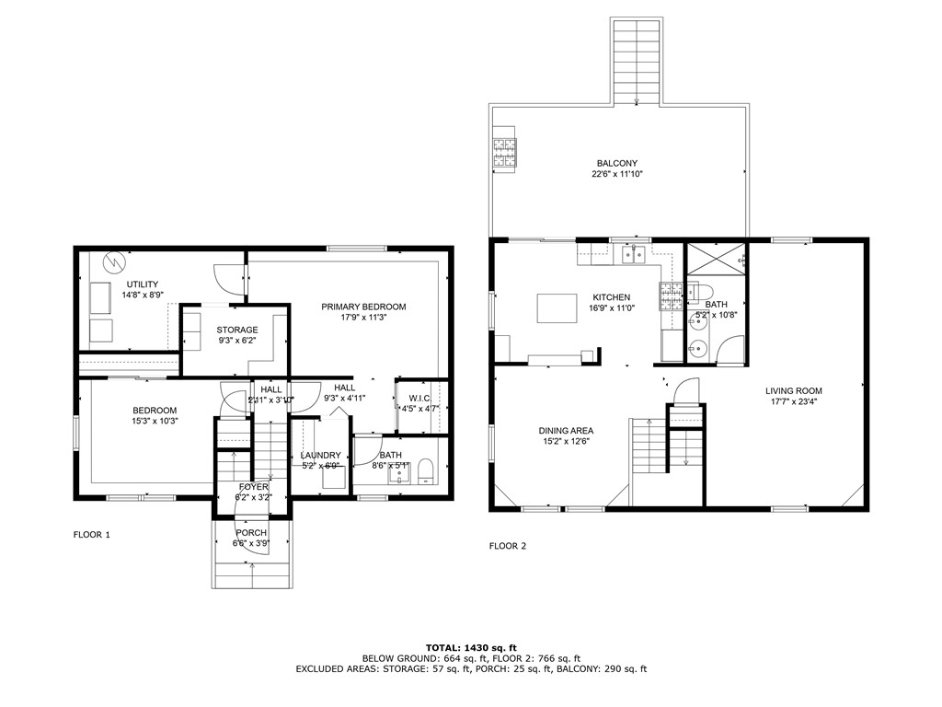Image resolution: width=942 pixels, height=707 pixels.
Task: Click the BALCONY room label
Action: click(616, 163)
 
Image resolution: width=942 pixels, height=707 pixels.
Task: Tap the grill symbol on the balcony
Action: click(504, 152)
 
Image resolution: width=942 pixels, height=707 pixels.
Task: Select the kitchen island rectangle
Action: click(556, 307)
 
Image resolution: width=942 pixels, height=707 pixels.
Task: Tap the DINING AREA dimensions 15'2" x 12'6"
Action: click(565, 442)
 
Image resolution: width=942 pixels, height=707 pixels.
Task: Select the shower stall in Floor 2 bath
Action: click(716, 259)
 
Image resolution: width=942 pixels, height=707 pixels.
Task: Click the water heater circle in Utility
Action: click(112, 261)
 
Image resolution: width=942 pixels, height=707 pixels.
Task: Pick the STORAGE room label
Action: click(237, 330)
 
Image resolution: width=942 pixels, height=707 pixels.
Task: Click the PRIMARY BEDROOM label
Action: click(363, 307)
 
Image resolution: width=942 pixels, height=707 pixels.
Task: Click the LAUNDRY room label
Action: click(320, 455)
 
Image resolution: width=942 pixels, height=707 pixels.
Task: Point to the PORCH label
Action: click(251, 533)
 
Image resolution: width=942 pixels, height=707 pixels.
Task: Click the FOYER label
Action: click(253, 487)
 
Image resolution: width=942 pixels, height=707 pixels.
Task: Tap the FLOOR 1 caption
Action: click(92, 534)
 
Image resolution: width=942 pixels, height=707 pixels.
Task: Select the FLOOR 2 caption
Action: click(507, 546)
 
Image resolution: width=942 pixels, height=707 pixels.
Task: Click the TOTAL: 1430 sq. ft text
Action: click(470, 647)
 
